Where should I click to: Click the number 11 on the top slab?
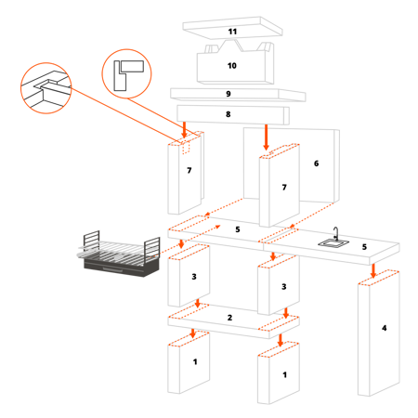pos(232,32)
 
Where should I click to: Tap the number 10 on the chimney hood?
pos(232,66)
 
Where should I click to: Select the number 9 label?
pos(229,94)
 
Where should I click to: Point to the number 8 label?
pos(229,114)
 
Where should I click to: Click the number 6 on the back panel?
pos(316,163)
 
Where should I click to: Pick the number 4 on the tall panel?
pos(385,328)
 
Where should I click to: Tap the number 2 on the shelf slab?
pos(229,318)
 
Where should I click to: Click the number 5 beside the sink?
pos(364,247)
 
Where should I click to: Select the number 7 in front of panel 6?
pos(284,188)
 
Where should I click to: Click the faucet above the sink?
pos(336,234)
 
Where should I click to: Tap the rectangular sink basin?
pos(333,243)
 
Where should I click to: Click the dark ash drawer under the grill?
pos(122,268)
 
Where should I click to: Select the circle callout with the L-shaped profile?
pos(126,73)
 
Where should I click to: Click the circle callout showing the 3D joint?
pos(46,88)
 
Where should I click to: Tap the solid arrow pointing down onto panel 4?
pos(373,270)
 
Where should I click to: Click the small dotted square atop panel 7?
pos(186,148)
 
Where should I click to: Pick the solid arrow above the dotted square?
pos(184,130)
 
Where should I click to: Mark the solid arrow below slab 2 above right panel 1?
pos(281,340)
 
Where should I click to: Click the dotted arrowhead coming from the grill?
pos(217,227)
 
